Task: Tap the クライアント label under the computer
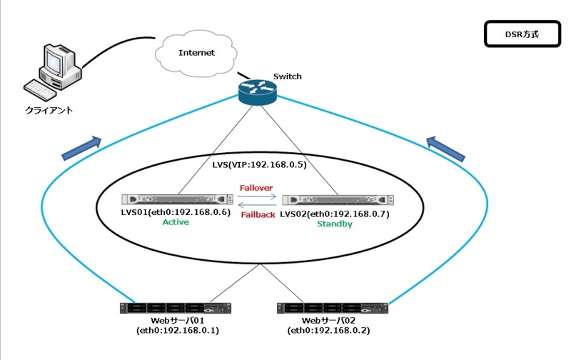49,111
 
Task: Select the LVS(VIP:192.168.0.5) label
259,164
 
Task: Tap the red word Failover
257,189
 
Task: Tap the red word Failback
258,214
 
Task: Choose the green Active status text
176,223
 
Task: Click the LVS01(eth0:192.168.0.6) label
176,213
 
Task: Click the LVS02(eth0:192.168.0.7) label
335,214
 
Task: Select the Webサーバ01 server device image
176,309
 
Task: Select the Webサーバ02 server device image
331,309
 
